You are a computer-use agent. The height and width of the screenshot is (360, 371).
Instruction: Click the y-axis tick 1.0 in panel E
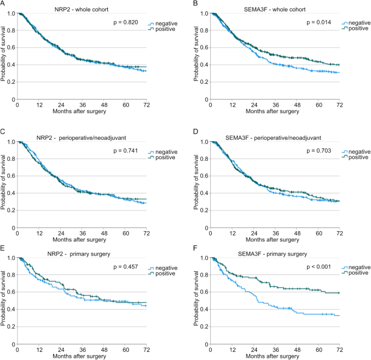(x=10, y=259)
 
